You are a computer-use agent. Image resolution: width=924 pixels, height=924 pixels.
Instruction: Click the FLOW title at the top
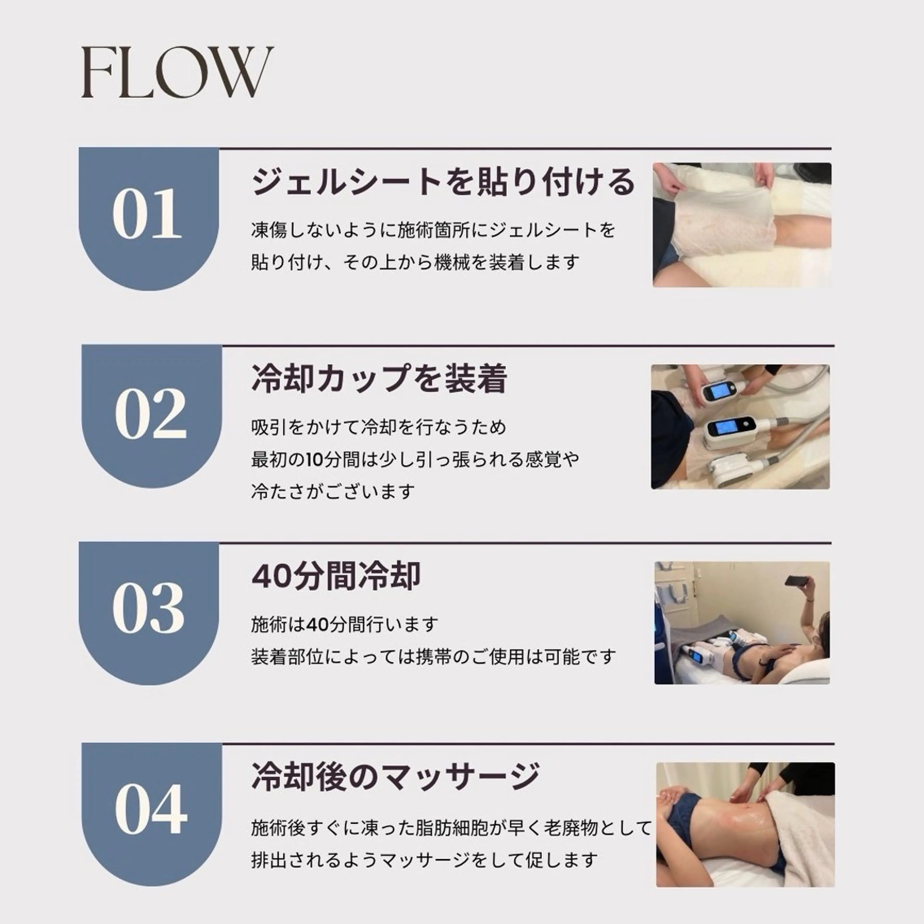click(177, 73)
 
